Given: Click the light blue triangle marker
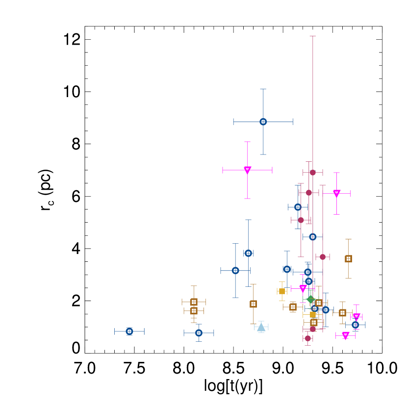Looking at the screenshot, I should tap(261, 327).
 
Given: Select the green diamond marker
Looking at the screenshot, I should tap(310, 299).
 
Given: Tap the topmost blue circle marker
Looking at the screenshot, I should tap(263, 122).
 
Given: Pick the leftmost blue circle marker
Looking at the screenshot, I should tap(129, 331).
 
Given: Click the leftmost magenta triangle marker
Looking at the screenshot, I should tap(248, 170).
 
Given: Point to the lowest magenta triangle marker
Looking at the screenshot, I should tap(346, 335).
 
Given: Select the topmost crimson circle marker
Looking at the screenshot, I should tap(313, 173).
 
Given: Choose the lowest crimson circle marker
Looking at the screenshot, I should tap(308, 338).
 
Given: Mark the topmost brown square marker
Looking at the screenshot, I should tap(348, 258).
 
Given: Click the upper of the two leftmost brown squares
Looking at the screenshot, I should tap(194, 302).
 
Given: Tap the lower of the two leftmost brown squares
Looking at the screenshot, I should tap(194, 311).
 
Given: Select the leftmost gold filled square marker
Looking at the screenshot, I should tap(282, 291).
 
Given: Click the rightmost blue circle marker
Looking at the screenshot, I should tap(355, 325).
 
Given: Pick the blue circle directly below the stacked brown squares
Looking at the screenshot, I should tap(199, 333).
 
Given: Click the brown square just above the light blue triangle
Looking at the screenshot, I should tap(253, 304).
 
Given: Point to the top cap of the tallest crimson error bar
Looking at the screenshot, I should tap(313, 36).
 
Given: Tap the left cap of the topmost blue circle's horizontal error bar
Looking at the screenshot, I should tap(233, 122).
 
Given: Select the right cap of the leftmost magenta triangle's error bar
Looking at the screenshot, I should tap(272, 170).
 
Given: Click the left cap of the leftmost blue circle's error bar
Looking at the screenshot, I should tap(115, 331).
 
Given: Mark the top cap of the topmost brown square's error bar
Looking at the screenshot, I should tap(348, 239).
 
